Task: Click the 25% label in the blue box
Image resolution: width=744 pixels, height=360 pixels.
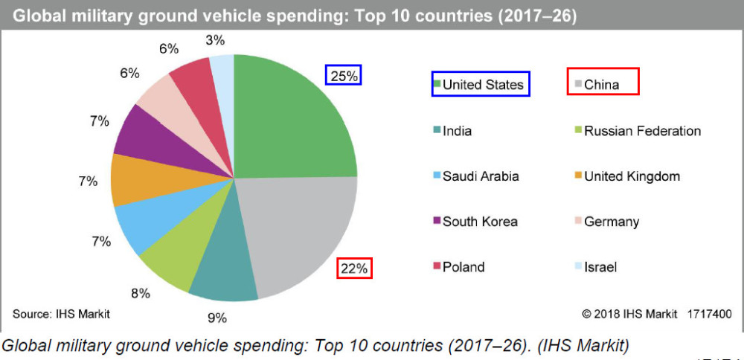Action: pos(343,75)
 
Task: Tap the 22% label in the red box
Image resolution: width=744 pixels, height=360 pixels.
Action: pos(354,268)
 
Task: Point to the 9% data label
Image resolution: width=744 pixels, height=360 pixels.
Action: pos(217,318)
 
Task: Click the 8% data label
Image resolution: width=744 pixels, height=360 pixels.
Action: pos(140,293)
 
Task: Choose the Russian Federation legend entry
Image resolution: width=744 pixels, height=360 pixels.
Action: pos(641,132)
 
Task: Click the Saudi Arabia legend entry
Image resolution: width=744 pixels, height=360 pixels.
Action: pos(480,176)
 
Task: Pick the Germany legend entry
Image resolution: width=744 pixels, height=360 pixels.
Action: pos(611,222)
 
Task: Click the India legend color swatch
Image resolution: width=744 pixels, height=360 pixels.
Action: pos(437,132)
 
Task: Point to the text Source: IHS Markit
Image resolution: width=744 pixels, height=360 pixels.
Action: pos(61,314)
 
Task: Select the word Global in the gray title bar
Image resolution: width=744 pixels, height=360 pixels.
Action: pos(36,16)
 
